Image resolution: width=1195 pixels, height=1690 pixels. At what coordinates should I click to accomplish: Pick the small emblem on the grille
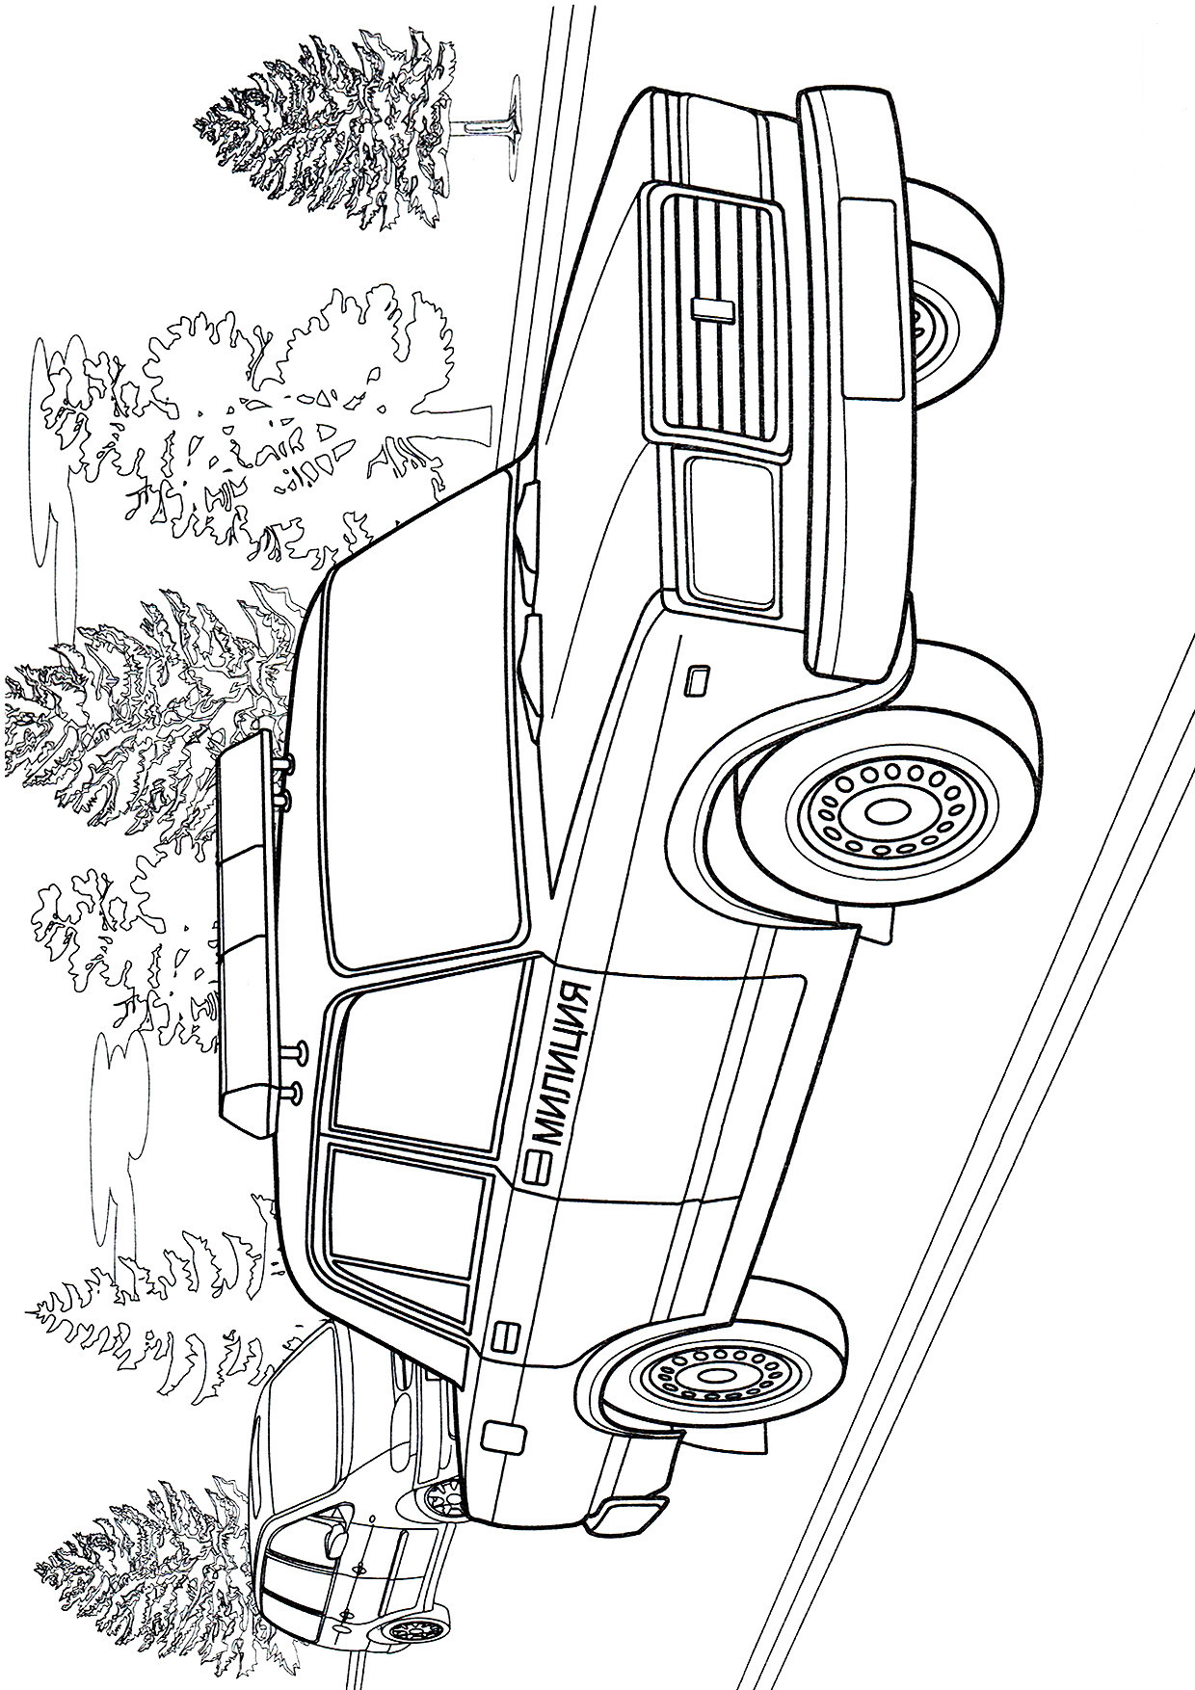[x=713, y=307]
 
